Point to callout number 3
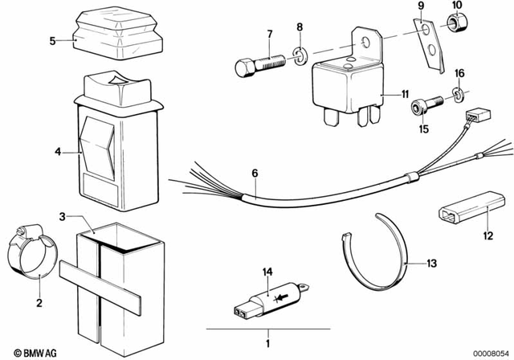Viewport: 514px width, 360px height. pos(62,216)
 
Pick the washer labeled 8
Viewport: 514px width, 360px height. pos(298,57)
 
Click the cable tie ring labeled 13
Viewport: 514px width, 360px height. pos(377,253)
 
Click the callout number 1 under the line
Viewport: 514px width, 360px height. pos(258,341)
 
